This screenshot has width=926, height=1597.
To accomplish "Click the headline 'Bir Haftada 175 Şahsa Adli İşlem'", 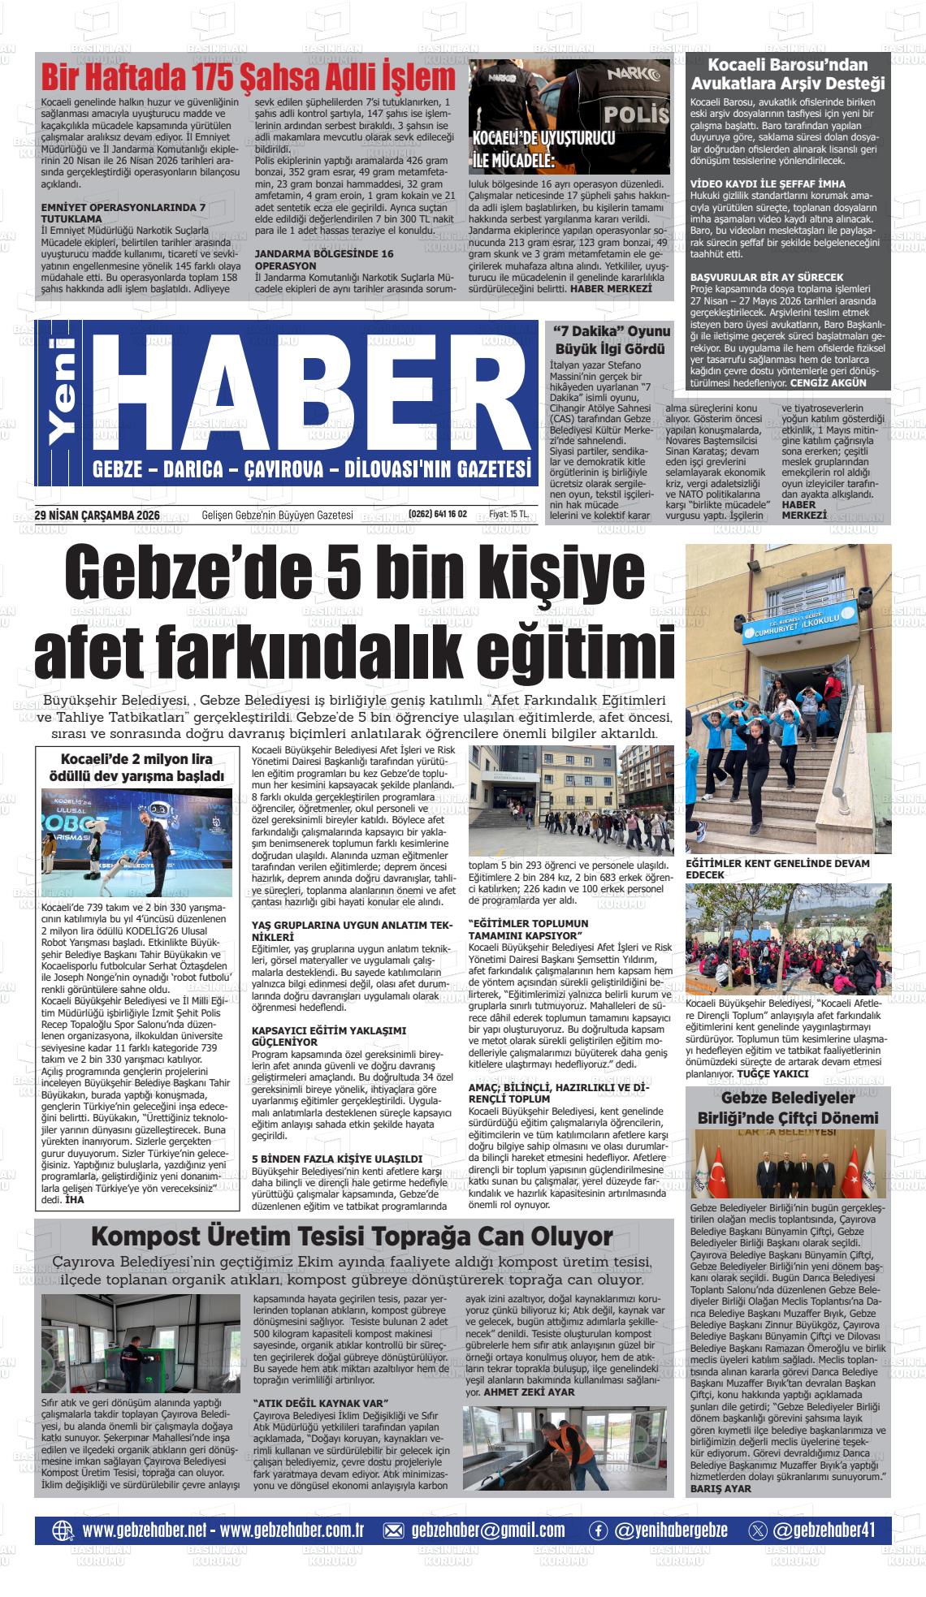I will [x=249, y=79].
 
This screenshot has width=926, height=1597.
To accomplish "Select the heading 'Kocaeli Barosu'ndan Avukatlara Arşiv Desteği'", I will [x=787, y=74].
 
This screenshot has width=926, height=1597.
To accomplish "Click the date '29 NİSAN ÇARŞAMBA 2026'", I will [x=97, y=514].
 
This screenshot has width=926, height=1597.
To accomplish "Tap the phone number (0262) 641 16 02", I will [x=438, y=514].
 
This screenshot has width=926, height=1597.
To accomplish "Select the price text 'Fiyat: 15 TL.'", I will [x=508, y=514].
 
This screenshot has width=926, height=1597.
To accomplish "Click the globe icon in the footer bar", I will [x=63, y=1530].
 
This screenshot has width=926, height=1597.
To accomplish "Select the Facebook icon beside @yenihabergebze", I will [x=598, y=1530].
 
